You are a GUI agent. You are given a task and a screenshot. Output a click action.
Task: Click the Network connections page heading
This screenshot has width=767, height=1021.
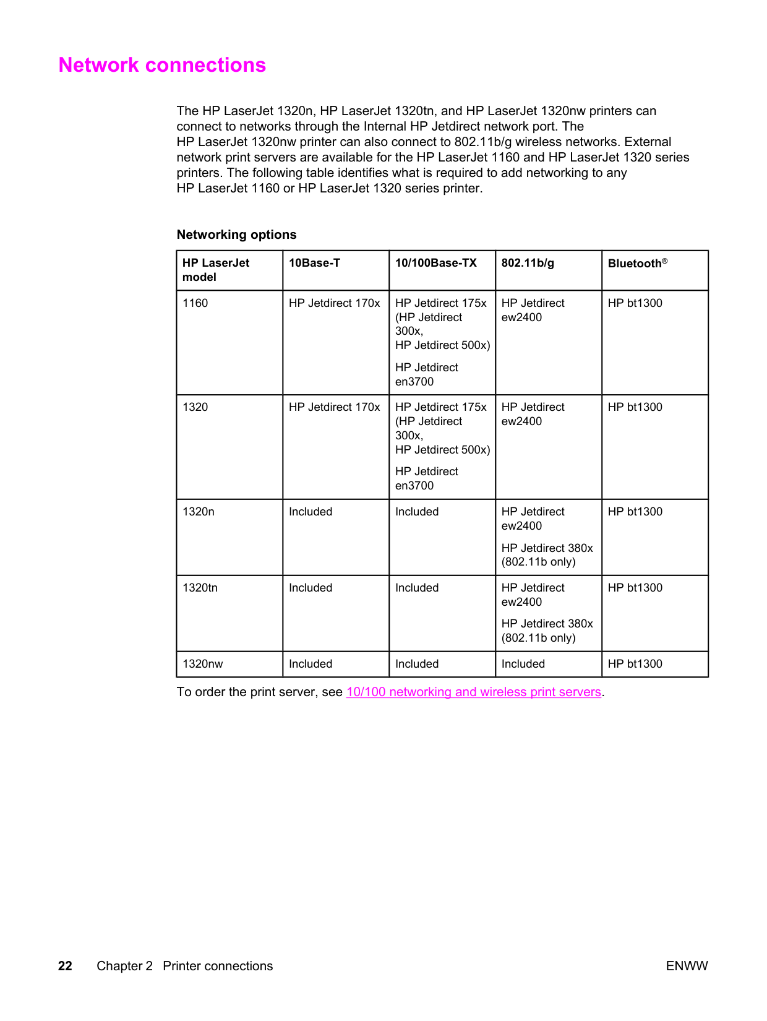pyautogui.click(x=162, y=65)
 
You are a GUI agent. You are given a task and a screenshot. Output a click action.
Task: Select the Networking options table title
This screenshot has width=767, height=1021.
pyautogui.click(x=236, y=235)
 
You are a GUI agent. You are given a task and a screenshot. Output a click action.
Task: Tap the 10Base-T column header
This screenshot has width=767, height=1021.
pyautogui.click(x=314, y=263)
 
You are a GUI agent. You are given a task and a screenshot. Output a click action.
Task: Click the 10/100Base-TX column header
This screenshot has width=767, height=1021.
pyautogui.click(x=435, y=263)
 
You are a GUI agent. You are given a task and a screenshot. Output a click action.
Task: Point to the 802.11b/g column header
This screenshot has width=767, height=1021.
pyautogui.click(x=528, y=263)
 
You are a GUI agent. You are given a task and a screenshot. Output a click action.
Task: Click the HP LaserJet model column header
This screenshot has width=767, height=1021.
pyautogui.click(x=215, y=270)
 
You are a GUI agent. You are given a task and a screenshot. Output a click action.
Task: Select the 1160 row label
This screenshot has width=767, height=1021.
pyautogui.click(x=195, y=303)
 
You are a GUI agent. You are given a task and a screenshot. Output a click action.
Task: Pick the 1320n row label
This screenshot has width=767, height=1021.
pyautogui.click(x=198, y=512)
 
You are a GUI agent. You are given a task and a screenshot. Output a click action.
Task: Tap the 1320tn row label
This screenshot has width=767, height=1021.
pyautogui.click(x=200, y=588)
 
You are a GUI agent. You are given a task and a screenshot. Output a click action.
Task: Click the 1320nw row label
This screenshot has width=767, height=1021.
pyautogui.click(x=202, y=664)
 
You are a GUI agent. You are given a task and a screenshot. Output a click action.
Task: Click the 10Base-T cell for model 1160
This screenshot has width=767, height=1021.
pyautogui.click(x=334, y=303)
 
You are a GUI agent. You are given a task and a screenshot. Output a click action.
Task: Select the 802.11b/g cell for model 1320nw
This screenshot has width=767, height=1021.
pyautogui.click(x=523, y=664)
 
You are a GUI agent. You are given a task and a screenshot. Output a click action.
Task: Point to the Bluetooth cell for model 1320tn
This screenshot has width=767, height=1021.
pyautogui.click(x=635, y=588)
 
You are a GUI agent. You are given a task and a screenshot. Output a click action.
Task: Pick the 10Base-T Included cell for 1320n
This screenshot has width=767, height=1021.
pyautogui.click(x=310, y=512)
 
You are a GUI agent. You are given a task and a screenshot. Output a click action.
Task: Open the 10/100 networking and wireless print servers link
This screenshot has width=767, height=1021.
pyautogui.click(x=473, y=692)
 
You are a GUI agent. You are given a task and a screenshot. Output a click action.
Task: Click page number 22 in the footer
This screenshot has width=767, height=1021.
pyautogui.click(x=65, y=966)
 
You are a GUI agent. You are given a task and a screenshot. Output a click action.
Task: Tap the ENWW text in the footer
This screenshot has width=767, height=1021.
pyautogui.click(x=687, y=966)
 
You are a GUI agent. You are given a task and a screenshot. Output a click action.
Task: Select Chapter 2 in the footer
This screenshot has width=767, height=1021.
pyautogui.click(x=124, y=966)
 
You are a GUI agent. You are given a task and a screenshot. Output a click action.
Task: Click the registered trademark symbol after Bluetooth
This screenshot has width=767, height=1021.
pyautogui.click(x=665, y=261)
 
